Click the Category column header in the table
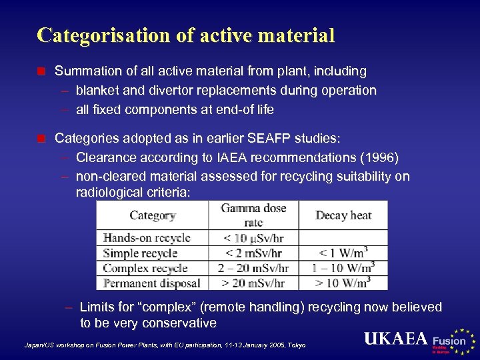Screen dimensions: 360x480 coord(153,215)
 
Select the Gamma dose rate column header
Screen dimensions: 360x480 coord(253,215)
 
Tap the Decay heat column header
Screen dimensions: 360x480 coord(342,215)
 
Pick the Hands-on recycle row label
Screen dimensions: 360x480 coord(147,238)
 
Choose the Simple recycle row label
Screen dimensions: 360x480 coord(140,253)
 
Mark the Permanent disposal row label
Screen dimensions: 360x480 coord(151,283)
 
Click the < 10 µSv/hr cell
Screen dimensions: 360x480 coord(253,238)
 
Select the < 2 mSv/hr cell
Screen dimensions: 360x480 coord(253,253)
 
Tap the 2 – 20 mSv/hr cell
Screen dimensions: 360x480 coord(253,268)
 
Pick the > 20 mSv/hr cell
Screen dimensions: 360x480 coord(253,283)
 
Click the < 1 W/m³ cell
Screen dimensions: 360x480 coord(343,253)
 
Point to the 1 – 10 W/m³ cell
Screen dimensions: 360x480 coord(343,268)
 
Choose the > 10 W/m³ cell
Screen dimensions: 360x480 coord(343,283)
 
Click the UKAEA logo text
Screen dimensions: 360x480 coord(395,339)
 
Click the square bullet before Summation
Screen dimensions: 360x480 coord(42,71)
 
